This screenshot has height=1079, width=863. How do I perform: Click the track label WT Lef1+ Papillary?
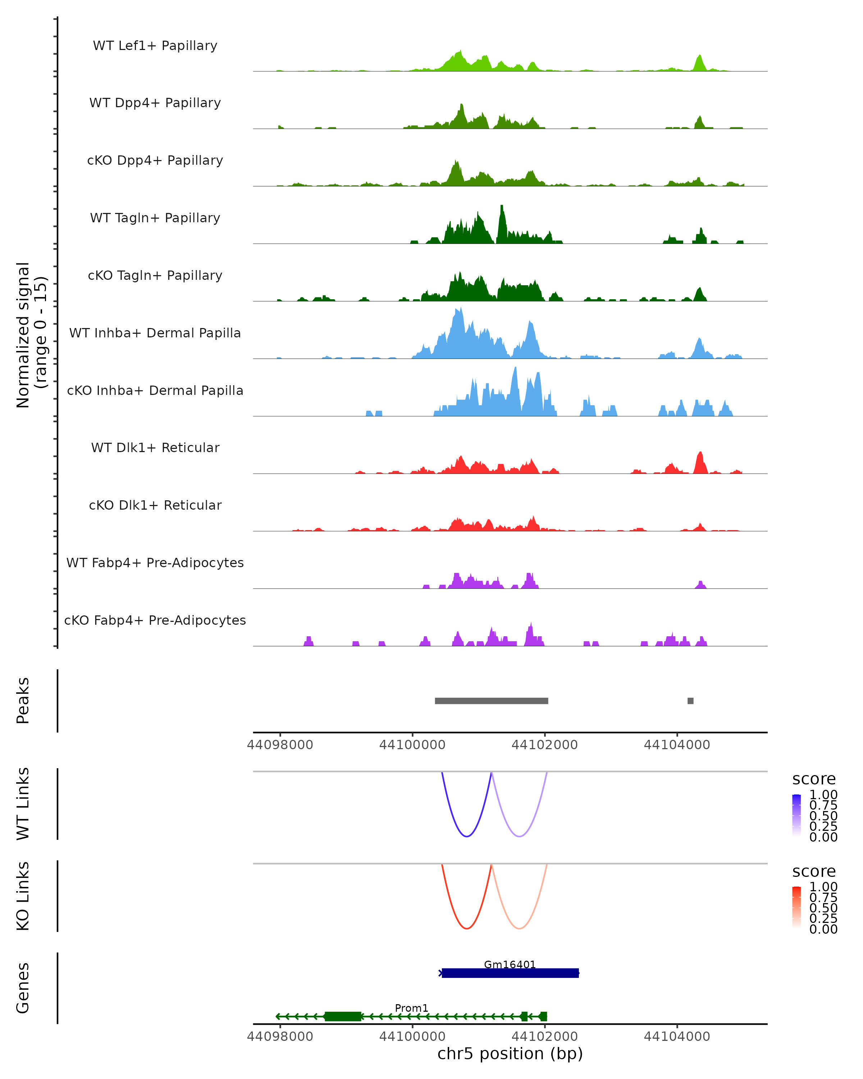(155, 46)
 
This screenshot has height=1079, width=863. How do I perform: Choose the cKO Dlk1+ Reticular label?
(155, 505)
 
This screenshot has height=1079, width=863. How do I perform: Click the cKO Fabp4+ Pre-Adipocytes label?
(155, 620)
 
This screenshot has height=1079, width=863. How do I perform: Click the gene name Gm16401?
(510, 964)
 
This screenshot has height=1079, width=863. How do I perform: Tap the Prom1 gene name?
(411, 1008)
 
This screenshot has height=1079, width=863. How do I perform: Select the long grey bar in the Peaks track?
(491, 701)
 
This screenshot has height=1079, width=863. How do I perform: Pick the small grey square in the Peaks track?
(690, 701)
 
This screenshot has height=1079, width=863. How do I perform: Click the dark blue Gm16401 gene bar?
(510, 973)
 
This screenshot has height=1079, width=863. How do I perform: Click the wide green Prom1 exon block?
(343, 1016)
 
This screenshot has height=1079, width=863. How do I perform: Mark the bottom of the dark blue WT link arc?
(466, 836)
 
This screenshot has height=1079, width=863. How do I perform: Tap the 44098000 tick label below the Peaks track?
(280, 745)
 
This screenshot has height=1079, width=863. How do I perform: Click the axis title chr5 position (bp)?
(510, 1053)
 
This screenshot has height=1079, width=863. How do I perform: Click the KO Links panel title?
(23, 896)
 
